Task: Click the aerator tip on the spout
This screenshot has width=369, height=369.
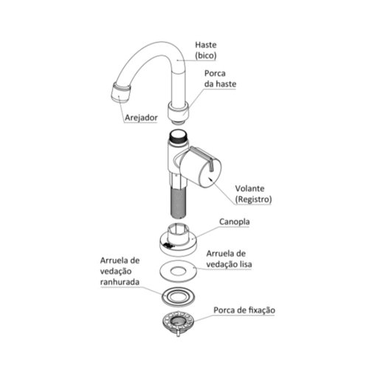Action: click(x=121, y=93)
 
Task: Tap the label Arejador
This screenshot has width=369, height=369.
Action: click(x=141, y=117)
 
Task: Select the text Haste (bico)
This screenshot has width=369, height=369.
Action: click(x=206, y=50)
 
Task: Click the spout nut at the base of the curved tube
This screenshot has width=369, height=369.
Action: click(x=179, y=111)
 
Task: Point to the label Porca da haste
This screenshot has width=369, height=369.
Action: click(x=220, y=79)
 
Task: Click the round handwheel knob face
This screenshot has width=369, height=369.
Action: click(x=210, y=173)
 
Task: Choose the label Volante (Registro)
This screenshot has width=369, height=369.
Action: click(x=253, y=194)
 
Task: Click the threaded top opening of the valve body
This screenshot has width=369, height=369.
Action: click(x=179, y=137)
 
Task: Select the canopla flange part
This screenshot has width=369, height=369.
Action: click(x=179, y=240)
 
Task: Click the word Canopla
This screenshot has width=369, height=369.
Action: click(x=235, y=221)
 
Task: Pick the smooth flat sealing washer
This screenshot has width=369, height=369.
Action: click(x=179, y=272)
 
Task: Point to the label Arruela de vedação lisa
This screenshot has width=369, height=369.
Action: click(x=229, y=259)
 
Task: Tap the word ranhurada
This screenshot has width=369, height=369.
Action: click(x=120, y=282)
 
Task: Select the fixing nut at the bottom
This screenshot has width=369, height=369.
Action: click(x=179, y=322)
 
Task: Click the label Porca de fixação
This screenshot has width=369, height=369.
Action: click(x=244, y=310)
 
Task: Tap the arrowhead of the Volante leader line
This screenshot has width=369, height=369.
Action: click(x=209, y=179)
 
